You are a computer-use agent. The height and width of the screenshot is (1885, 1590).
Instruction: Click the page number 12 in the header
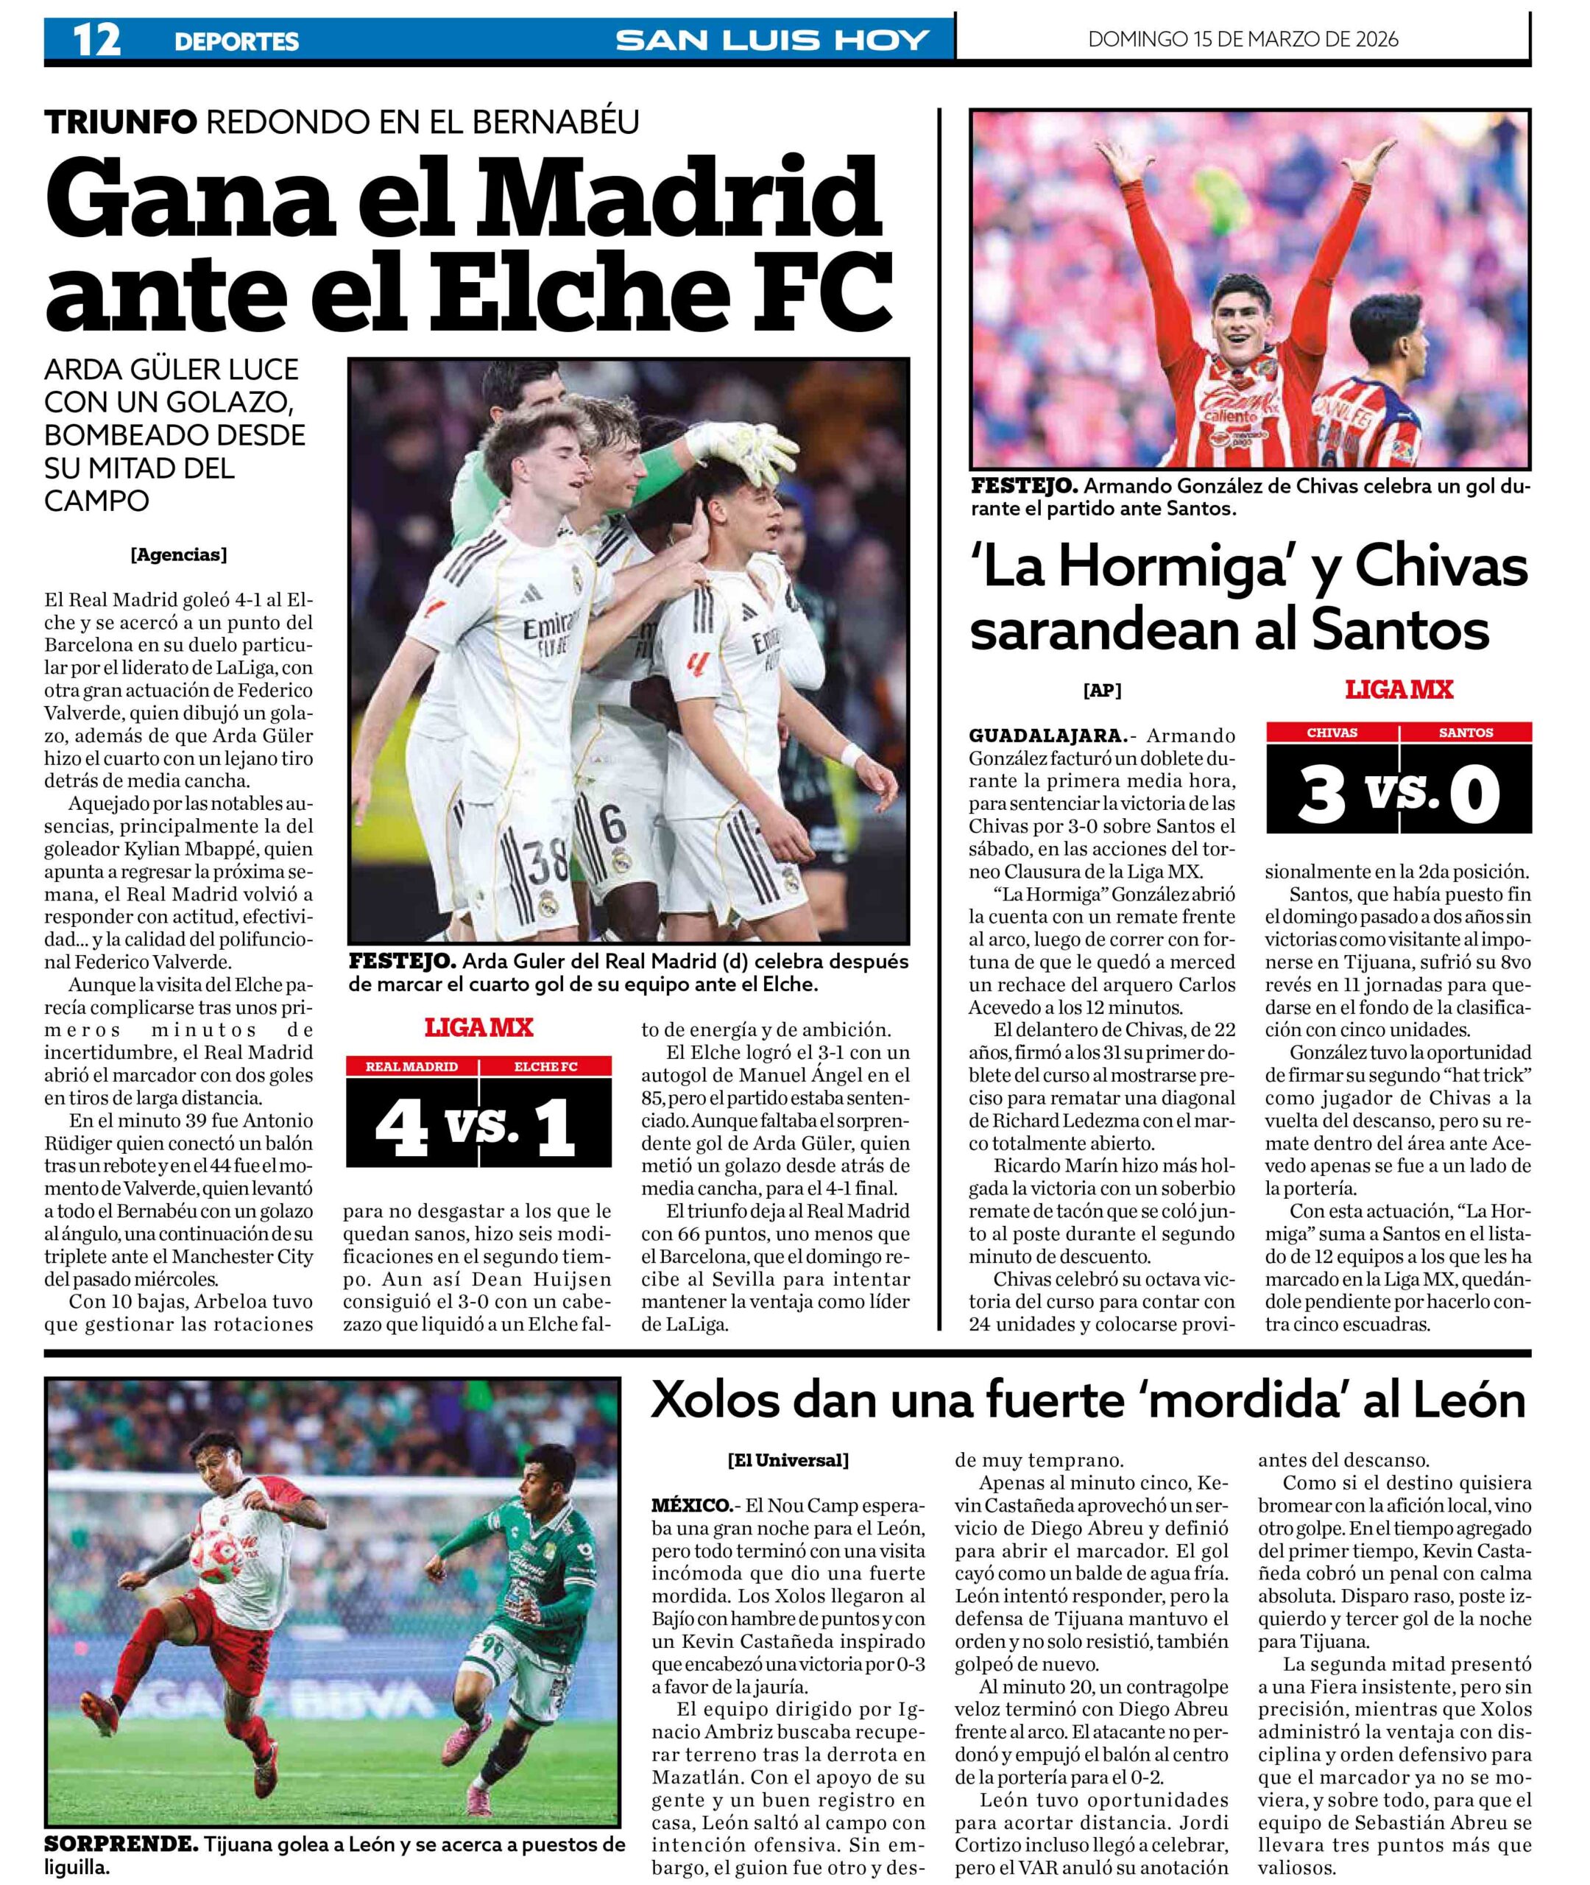[x=96, y=40]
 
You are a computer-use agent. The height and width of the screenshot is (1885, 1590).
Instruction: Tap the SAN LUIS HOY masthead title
[x=772, y=40]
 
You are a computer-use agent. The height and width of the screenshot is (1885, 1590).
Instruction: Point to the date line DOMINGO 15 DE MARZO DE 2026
[x=1243, y=39]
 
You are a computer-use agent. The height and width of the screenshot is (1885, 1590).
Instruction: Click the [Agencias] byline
[x=178, y=555]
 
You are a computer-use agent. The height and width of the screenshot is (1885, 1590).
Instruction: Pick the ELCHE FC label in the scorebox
[x=545, y=1066]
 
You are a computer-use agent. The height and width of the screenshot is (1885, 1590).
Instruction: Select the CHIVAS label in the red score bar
[x=1332, y=733]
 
